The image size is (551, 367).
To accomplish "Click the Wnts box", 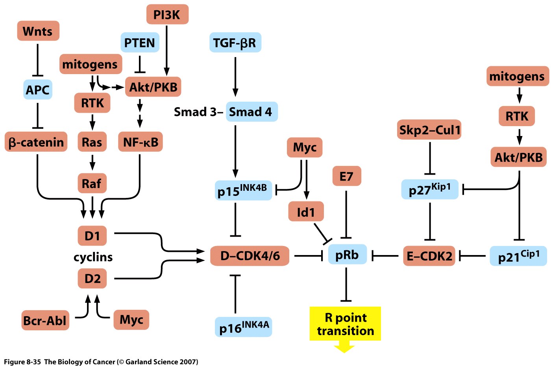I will (38, 31).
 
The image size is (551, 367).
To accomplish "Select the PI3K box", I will (167, 15).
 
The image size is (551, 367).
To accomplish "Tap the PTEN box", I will (140, 43).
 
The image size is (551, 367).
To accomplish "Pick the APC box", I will (38, 89).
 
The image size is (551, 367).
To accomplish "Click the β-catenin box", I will (36, 142).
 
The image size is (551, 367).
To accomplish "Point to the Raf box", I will (92, 183).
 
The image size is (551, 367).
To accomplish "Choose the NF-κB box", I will (141, 142).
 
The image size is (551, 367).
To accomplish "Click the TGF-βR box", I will (235, 43).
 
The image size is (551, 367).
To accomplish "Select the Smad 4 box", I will (251, 112).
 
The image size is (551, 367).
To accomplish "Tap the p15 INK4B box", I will (243, 190).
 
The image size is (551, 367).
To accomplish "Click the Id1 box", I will (306, 212).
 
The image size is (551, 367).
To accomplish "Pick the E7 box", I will (346, 176).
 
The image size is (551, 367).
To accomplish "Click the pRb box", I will (347, 255).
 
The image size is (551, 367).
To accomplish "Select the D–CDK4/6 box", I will (250, 256).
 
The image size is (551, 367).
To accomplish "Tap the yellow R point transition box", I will (345, 324).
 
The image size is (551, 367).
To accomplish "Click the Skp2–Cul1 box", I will (429, 130).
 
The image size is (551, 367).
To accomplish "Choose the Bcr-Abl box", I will (45, 320).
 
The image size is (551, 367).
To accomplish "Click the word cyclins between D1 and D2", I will (93, 257).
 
